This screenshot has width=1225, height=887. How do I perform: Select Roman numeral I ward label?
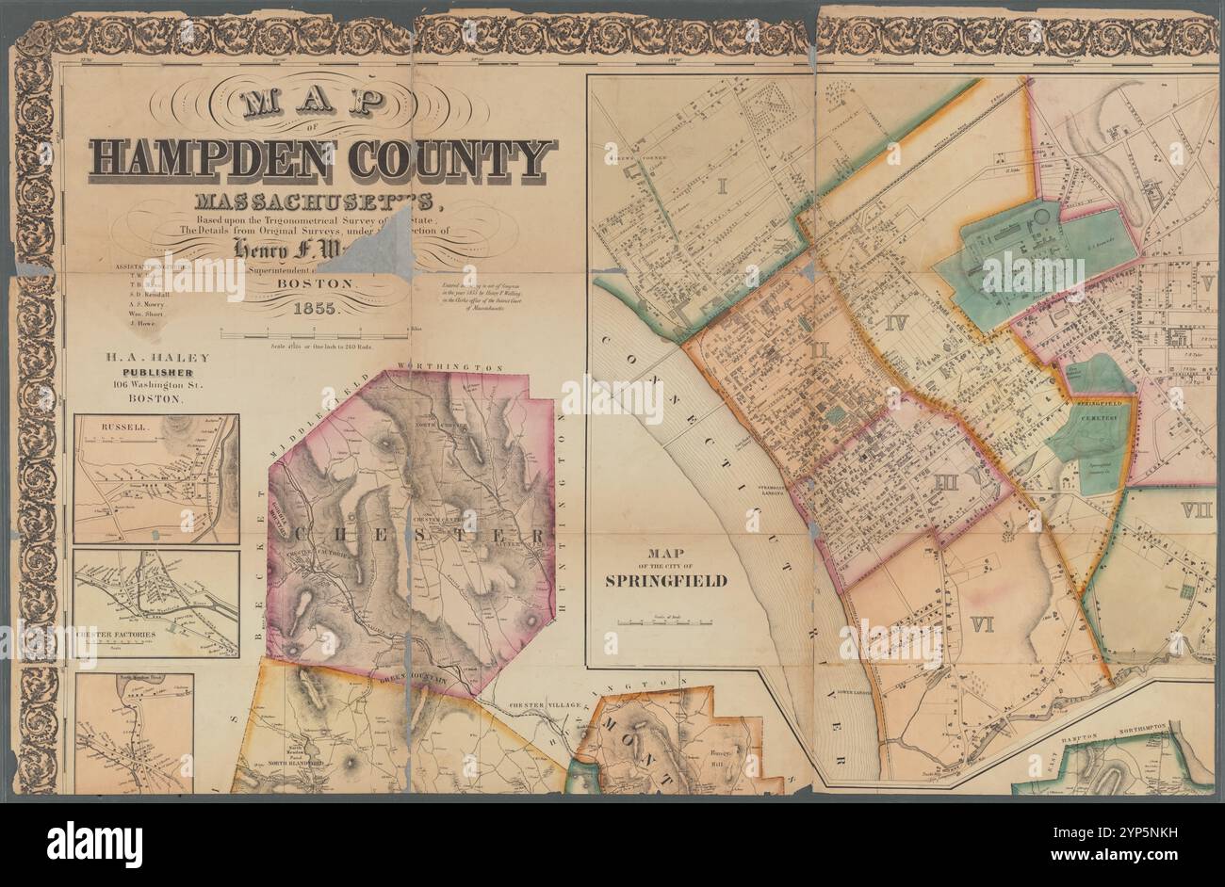[x=722, y=185]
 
